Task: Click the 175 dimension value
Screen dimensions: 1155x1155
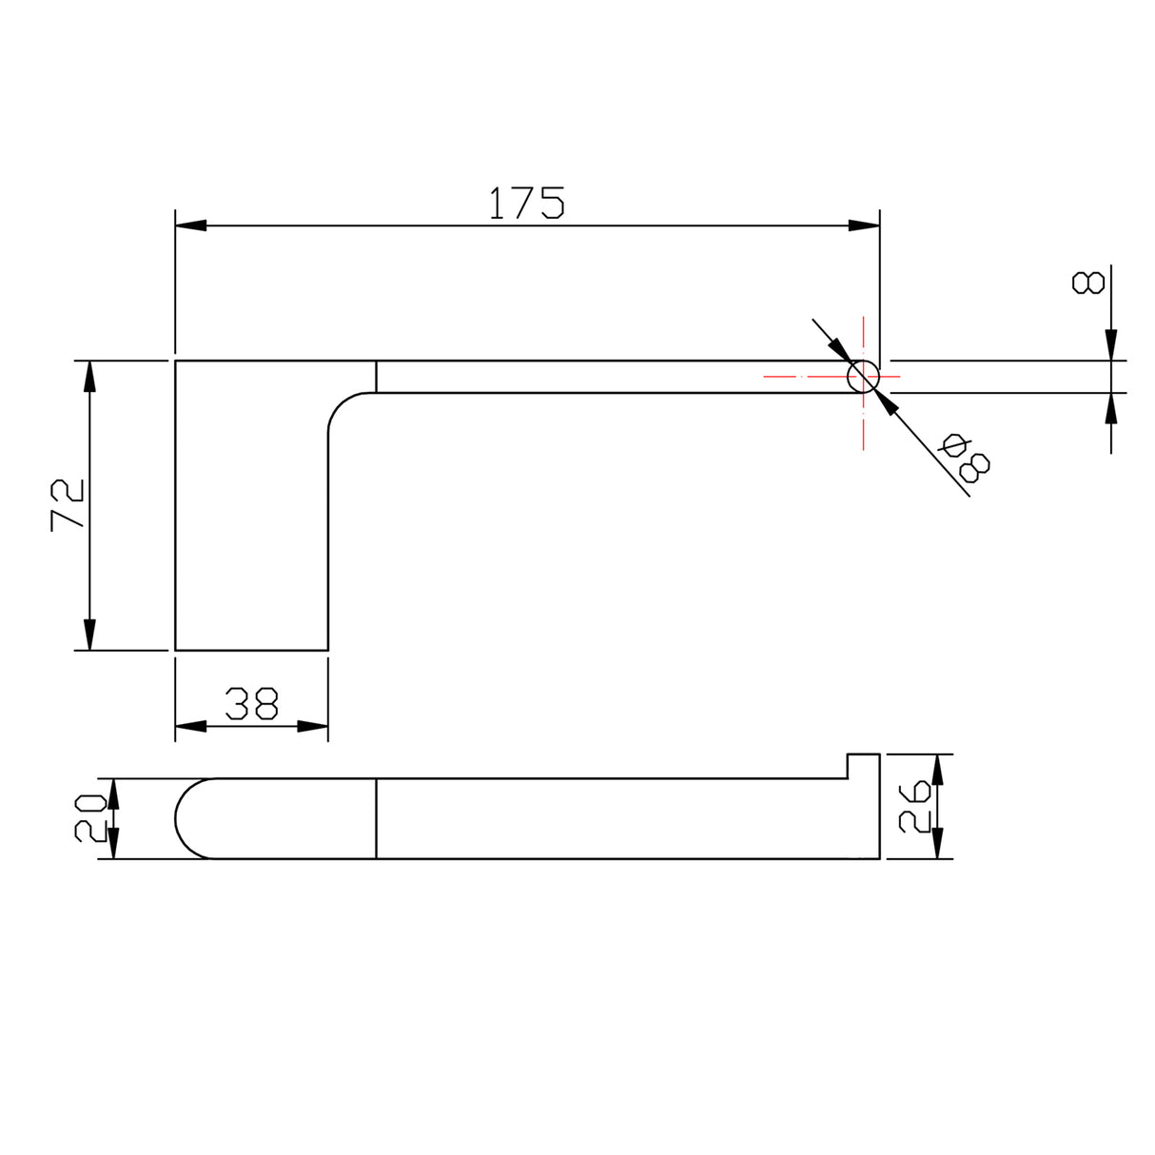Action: point(526,203)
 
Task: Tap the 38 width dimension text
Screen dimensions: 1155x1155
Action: point(251,703)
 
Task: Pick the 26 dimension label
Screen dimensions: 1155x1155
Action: point(914,806)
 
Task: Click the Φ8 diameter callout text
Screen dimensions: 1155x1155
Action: point(965,457)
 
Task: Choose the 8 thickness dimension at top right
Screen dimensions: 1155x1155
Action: point(1086,283)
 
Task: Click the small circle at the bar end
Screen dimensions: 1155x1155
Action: point(863,377)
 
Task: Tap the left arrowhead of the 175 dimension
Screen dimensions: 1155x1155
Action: point(191,225)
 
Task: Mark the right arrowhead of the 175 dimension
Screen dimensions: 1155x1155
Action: point(864,225)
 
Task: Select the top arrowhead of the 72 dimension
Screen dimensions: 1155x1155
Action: point(89,377)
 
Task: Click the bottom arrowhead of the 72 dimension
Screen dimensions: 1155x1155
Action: point(89,635)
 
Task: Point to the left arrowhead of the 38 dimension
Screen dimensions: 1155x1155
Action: point(191,726)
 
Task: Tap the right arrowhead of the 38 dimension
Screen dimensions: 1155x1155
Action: point(313,726)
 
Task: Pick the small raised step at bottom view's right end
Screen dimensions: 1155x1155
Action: point(863,766)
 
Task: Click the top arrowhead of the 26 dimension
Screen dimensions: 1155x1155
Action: point(937,769)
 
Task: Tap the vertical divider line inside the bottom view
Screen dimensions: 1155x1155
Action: point(377,818)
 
